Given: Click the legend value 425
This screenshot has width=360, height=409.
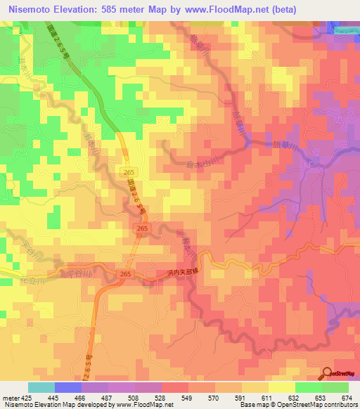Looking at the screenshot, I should point(25,397).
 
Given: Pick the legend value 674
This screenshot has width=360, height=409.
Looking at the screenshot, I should point(347,397).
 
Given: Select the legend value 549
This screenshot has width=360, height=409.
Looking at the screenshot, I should point(186,397).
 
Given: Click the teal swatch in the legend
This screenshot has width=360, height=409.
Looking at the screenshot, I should point(41,387).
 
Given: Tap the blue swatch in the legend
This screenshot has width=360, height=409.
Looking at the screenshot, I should point(68,387).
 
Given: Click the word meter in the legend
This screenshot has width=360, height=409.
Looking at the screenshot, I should point(9,397).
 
